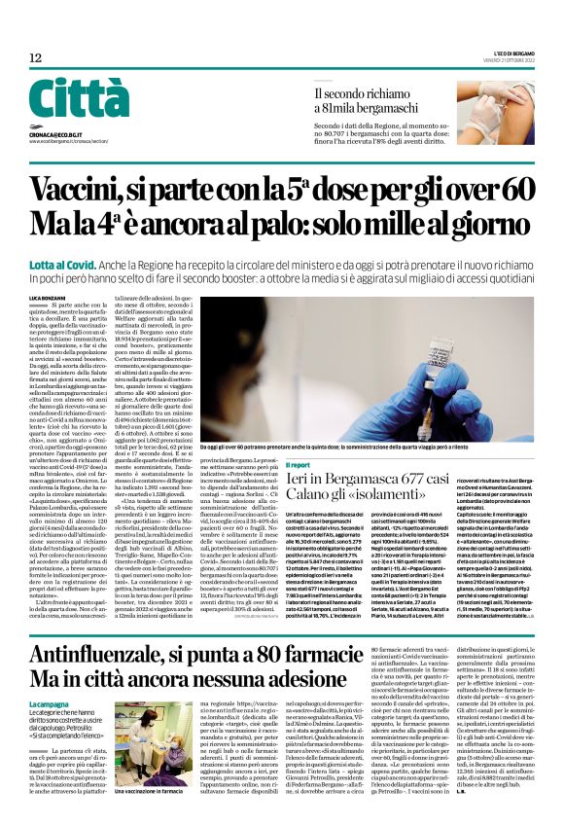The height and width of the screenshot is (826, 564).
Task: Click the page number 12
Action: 35,58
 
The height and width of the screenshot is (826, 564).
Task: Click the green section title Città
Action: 79,100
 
